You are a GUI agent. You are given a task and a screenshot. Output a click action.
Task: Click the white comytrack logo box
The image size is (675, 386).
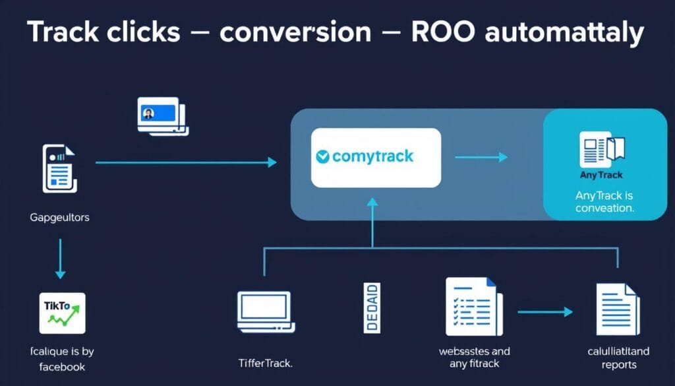376,157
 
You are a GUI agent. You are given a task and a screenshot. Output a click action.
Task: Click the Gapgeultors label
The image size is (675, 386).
60,217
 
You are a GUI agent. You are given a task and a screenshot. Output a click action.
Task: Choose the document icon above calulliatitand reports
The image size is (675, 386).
617,309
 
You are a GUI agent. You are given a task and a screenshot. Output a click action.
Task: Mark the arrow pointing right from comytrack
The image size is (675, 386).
481,157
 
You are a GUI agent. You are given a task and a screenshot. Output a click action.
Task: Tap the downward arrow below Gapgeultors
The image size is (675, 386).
60,259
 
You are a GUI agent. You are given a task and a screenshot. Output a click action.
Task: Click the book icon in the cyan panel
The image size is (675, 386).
601,149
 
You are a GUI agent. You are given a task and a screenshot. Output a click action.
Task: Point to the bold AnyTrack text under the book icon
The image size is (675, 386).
601,176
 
